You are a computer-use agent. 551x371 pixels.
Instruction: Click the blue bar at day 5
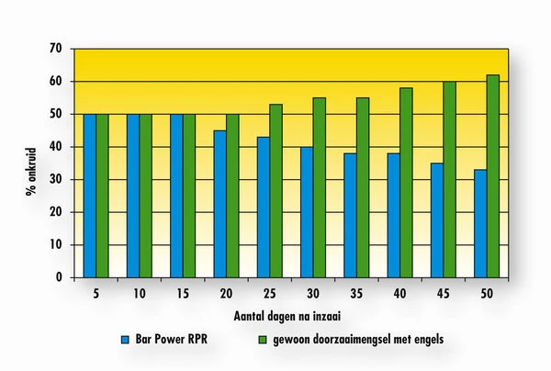(x=89, y=196)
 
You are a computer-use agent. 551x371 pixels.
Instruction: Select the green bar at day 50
(x=492, y=176)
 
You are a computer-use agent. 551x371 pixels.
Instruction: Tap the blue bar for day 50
(x=479, y=223)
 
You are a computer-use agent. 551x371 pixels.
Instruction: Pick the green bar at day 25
(x=275, y=191)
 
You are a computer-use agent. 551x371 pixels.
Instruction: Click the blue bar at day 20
(x=219, y=204)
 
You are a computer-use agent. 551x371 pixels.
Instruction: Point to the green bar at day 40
(x=406, y=183)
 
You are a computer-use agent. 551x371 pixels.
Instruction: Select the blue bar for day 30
(x=306, y=212)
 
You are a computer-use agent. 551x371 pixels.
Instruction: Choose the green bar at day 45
(x=449, y=179)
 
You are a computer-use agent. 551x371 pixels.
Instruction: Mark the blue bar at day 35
(x=350, y=215)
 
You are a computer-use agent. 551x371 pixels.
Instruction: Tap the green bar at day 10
(x=145, y=196)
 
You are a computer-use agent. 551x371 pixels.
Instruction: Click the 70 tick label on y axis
(x=56, y=48)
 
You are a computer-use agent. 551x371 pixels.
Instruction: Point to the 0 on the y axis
(x=60, y=277)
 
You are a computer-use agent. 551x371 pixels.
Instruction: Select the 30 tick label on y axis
(x=56, y=179)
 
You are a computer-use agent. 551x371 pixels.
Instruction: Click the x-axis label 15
(x=182, y=296)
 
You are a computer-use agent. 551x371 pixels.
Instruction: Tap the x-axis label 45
(x=443, y=296)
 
